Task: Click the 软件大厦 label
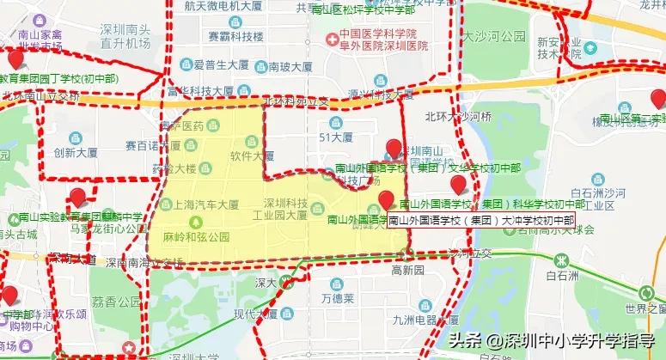(x=252, y=156)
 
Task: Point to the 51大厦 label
(x=335, y=136)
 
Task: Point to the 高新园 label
(x=407, y=269)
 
